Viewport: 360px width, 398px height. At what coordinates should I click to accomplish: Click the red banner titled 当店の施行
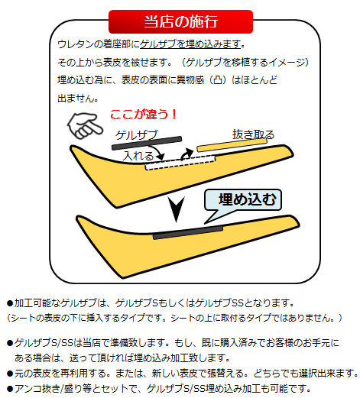coord(180,21)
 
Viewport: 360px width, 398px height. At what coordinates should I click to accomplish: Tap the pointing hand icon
coord(85,125)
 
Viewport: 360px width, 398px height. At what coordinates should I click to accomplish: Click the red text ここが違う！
coord(144,115)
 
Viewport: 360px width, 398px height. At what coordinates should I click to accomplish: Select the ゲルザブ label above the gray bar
coord(137,134)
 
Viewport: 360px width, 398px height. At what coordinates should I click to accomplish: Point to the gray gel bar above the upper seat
coord(147,143)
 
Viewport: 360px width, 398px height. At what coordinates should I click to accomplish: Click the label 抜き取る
coord(253,134)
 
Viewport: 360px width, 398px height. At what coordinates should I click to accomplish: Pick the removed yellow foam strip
coord(232,145)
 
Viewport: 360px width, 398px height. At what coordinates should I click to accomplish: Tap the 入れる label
coord(138,156)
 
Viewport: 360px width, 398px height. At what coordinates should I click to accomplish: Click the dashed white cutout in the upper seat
coord(180,163)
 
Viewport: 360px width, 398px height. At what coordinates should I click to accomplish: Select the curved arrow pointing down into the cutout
coord(158,150)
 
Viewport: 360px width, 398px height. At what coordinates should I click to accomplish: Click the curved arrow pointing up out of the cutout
coord(186,154)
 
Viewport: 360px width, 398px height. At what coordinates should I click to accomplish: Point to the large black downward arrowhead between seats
coord(177,209)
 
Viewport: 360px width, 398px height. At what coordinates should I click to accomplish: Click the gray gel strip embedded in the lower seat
coord(188,232)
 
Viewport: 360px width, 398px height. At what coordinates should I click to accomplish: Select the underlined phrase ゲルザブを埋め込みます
coord(190,44)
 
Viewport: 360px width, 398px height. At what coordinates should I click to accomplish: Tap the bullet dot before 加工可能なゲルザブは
coord(10,303)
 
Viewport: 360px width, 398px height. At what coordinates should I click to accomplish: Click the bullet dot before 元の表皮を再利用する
coord(10,374)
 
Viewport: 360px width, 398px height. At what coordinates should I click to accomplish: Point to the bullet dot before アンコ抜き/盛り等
coord(10,389)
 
